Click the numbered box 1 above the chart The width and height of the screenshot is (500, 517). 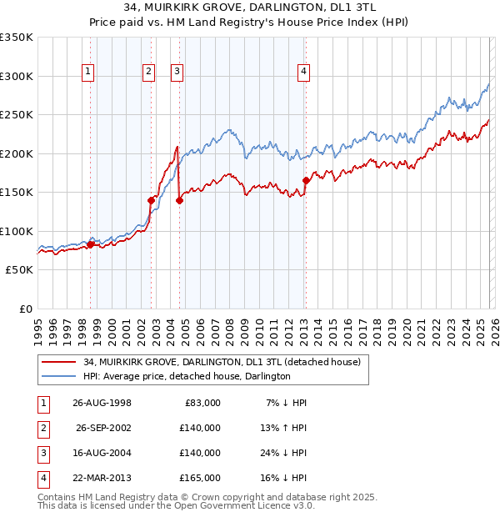coord(88,73)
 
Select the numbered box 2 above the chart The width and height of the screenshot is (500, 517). coord(148,73)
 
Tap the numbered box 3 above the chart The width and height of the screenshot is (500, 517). coord(177,73)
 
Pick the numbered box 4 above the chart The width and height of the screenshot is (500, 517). coord(303,73)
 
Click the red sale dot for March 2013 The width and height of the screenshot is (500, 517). coord(306,180)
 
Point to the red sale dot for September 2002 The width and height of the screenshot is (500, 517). coord(152,200)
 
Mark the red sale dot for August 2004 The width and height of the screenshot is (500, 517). coord(179,200)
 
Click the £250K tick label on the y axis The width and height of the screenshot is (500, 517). coord(17,114)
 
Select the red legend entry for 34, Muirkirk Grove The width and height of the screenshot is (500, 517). coord(222,363)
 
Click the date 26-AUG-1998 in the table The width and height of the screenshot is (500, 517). coord(102,403)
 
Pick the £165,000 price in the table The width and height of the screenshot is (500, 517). coord(200,478)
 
